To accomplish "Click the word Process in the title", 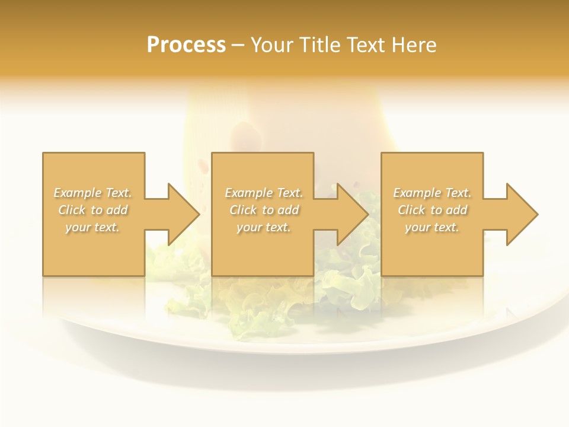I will [186, 45].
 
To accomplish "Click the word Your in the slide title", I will [272, 45].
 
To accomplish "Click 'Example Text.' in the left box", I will [93, 193].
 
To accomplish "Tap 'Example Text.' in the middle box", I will [264, 193].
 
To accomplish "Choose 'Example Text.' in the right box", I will [432, 193].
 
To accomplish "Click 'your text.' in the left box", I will [92, 227].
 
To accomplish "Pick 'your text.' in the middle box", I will [263, 227].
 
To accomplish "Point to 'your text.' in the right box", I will [431, 227].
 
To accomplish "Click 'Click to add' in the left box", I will [93, 210].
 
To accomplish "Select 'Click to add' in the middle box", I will [264, 210].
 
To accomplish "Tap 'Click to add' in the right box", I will [432, 210].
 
